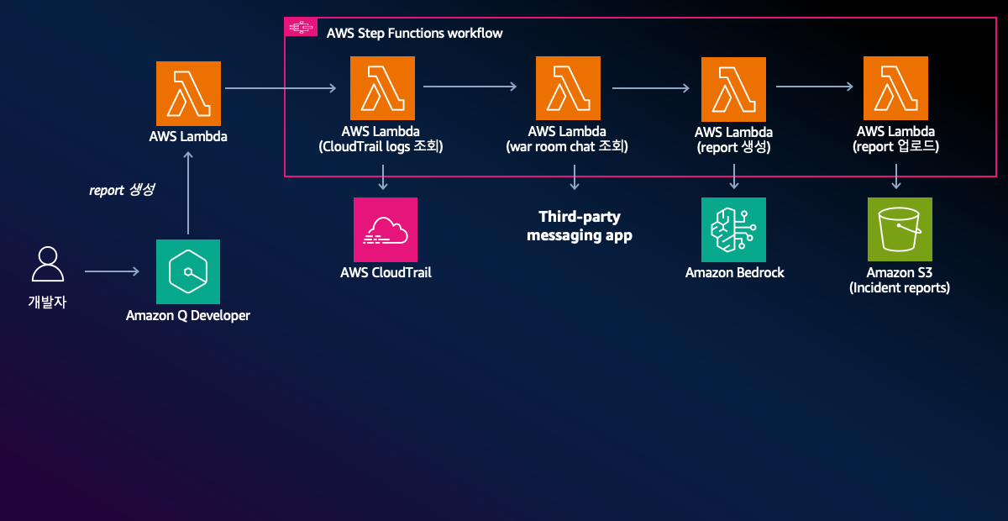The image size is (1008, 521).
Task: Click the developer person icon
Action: [47, 265]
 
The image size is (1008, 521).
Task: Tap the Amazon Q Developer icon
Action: [188, 271]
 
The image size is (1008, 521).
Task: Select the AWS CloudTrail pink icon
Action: [386, 229]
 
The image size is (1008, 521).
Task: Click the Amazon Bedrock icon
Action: [734, 229]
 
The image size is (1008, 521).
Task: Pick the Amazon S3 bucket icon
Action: [900, 229]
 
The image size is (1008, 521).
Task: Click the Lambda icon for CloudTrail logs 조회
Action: [382, 88]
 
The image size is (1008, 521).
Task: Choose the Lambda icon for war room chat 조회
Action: [567, 88]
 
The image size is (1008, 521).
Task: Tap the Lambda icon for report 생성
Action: [734, 88]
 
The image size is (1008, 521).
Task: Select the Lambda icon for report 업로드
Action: [895, 88]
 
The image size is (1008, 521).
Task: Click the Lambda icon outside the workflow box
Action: [188, 92]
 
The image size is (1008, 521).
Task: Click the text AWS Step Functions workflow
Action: [414, 34]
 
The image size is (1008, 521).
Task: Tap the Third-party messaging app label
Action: [580, 227]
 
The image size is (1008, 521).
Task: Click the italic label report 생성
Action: [122, 191]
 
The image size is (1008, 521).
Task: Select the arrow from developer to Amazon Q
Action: [112, 271]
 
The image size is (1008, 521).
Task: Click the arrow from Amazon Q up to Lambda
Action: [188, 193]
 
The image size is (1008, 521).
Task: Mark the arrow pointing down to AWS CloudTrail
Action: [383, 176]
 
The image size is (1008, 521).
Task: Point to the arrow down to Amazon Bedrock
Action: [734, 176]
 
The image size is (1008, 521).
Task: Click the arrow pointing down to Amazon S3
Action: [896, 176]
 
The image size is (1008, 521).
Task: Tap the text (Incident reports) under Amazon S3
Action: [900, 288]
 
